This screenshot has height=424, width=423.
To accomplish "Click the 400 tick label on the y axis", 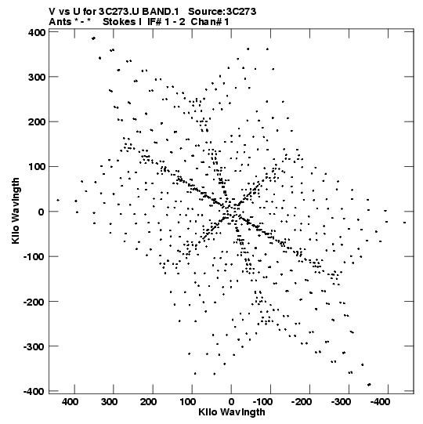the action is pyautogui.click(x=37, y=33).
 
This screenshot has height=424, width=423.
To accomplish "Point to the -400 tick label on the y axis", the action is pyautogui.click(x=34, y=392).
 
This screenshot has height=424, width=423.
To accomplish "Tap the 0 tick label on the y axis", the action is pyautogui.click(x=41, y=212).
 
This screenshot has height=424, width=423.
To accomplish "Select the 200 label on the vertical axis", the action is pyautogui.click(x=37, y=122).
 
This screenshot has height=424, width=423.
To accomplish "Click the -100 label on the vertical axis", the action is pyautogui.click(x=34, y=257).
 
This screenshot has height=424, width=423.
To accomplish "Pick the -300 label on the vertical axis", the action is pyautogui.click(x=34, y=346).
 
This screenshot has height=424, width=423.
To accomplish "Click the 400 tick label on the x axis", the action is pyautogui.click(x=70, y=402).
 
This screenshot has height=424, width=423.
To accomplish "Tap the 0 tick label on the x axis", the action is pyautogui.click(x=231, y=402).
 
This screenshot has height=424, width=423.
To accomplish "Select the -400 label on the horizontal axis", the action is pyautogui.click(x=380, y=402).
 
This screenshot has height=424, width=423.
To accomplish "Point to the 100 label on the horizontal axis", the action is pyautogui.click(x=188, y=402).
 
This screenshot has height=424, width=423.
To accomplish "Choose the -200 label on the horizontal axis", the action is pyautogui.click(x=302, y=402).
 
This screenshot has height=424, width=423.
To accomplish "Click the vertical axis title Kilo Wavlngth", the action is pyautogui.click(x=16, y=211).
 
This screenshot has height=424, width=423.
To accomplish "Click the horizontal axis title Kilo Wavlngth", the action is pyautogui.click(x=232, y=412).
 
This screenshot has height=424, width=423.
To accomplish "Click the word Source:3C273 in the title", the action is pyautogui.click(x=222, y=12).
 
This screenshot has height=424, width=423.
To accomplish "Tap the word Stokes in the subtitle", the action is pyautogui.click(x=120, y=22).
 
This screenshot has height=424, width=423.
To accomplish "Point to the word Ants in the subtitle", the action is pyautogui.click(x=60, y=22).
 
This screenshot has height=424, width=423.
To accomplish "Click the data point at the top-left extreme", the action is pyautogui.click(x=93, y=38).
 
